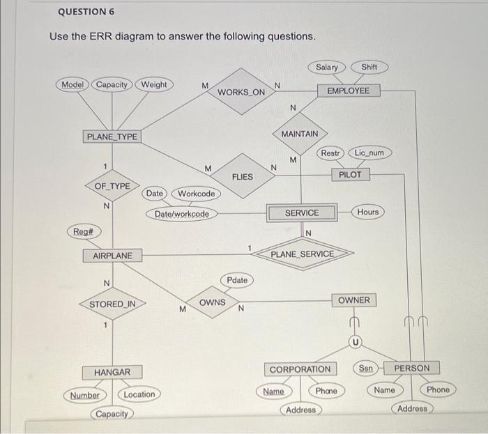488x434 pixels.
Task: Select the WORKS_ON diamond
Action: [x=241, y=91]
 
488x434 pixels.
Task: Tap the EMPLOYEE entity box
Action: [x=349, y=91]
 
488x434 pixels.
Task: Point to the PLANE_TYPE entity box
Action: [x=112, y=137]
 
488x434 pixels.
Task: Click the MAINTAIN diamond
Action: [x=300, y=134]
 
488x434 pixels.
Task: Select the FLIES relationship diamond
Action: [x=242, y=177]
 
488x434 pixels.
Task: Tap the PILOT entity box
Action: [x=350, y=175]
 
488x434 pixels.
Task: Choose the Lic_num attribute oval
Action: [x=369, y=152]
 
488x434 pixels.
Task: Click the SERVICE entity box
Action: [x=302, y=212]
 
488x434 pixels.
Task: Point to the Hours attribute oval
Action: [x=368, y=211]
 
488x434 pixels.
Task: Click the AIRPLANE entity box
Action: [x=112, y=256]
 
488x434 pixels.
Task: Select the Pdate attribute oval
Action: [x=237, y=280]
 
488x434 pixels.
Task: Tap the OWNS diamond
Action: [x=212, y=302]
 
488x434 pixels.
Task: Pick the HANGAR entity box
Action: [x=112, y=372]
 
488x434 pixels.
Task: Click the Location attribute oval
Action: [x=139, y=394]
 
